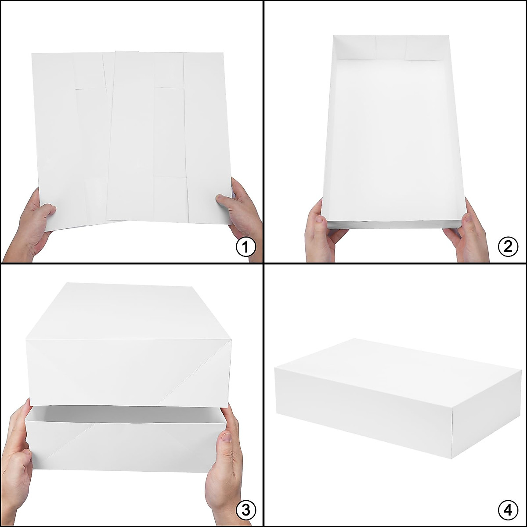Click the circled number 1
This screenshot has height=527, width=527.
[x=245, y=247]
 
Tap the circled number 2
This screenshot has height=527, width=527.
[x=508, y=247]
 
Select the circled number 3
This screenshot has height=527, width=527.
[x=245, y=510]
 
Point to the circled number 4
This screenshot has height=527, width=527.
[x=508, y=510]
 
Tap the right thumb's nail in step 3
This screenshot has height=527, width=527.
[x=226, y=437]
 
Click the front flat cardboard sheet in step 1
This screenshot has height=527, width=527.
[x=169, y=136]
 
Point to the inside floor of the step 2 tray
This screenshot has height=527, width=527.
[x=393, y=141]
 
